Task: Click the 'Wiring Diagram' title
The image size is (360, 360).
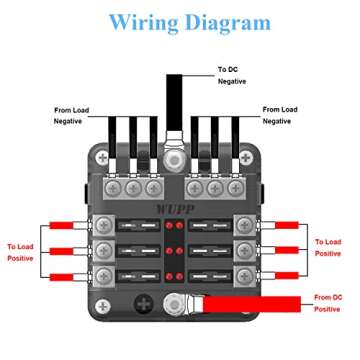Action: tap(189, 21)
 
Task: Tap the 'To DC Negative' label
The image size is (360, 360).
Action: tap(232, 76)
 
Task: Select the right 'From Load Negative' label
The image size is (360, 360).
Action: tap(284, 114)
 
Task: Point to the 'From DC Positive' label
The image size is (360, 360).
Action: tap(329, 302)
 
